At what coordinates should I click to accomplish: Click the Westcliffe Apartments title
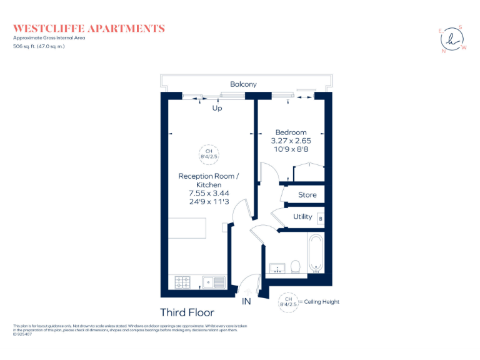click(x=89, y=28)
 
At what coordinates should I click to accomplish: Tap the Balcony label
click(x=243, y=84)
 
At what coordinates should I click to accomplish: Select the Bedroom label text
click(x=291, y=132)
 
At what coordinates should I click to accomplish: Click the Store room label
click(x=307, y=195)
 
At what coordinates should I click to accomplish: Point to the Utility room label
click(x=302, y=217)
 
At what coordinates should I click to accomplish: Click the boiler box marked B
click(x=321, y=219)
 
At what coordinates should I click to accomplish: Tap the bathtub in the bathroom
click(x=314, y=255)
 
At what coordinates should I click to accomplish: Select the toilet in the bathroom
click(x=296, y=266)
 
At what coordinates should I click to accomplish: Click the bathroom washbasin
click(x=277, y=269)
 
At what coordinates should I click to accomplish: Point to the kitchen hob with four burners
click(x=182, y=282)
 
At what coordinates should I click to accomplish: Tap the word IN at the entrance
click(x=247, y=301)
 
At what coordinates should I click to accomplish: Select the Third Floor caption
click(x=187, y=312)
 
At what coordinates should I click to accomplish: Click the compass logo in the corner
click(x=453, y=39)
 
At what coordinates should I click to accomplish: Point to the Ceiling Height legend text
click(x=321, y=302)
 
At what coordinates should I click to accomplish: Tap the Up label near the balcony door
click(x=217, y=108)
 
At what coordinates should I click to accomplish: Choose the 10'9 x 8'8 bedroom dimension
click(x=291, y=150)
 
